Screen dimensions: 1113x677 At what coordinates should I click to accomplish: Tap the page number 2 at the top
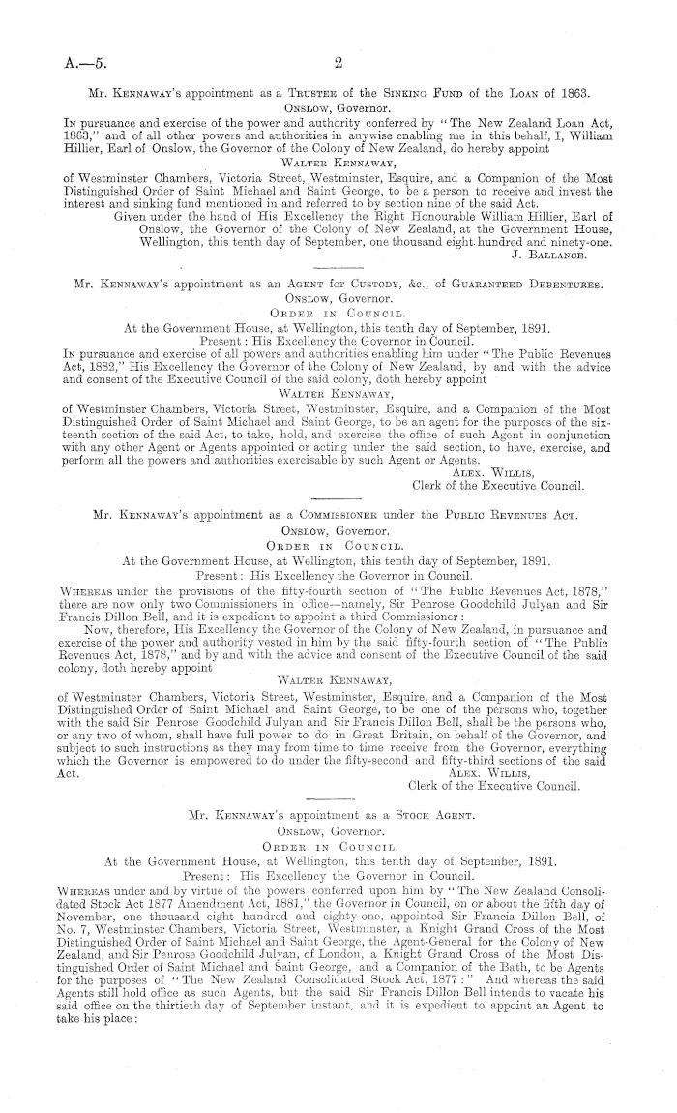[338, 66]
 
